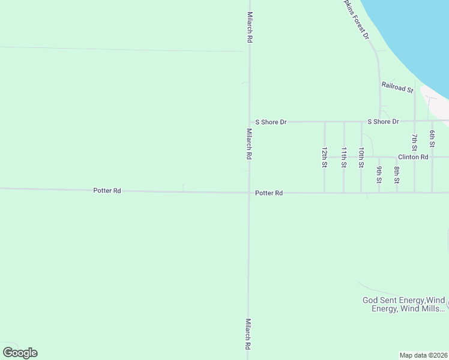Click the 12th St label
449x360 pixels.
click(324, 158)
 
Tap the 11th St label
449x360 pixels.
click(344, 158)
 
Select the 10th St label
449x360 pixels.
click(361, 158)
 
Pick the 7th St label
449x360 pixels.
click(414, 142)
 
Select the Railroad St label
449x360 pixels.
click(397, 87)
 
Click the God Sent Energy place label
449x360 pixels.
click(403, 304)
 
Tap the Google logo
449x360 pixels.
click(20, 353)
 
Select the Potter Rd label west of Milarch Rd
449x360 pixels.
click(107, 191)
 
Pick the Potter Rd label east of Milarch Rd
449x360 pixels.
click(269, 193)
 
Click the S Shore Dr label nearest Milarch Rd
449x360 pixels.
click(271, 122)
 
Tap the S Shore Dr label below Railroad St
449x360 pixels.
click(383, 122)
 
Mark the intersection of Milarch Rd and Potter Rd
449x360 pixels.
click(249, 193)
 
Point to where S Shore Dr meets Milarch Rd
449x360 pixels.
click(250, 122)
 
